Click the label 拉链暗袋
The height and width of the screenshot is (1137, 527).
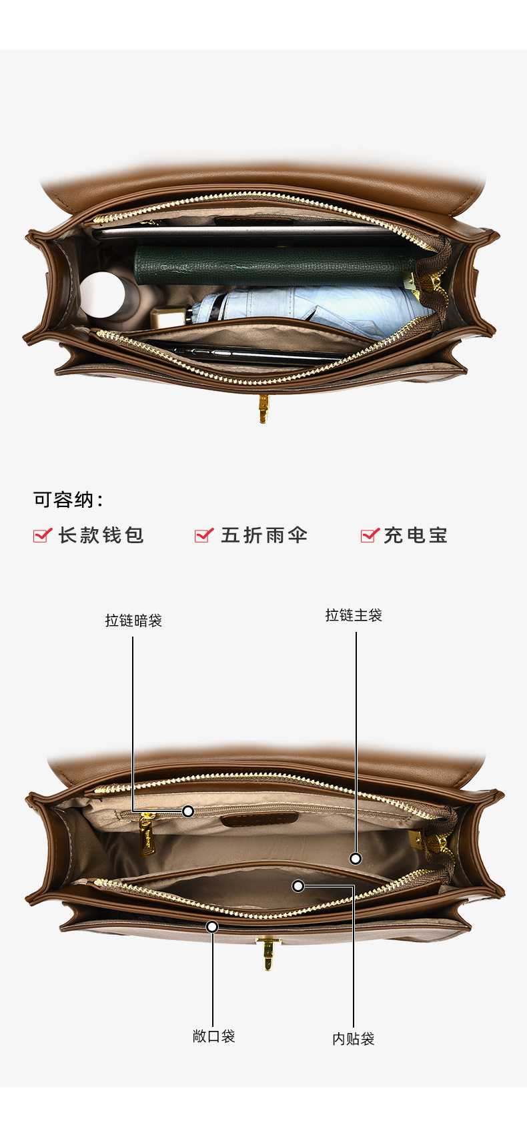tap(133, 621)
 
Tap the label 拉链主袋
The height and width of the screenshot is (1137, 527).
tap(354, 615)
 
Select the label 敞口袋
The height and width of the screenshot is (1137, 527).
tap(213, 1036)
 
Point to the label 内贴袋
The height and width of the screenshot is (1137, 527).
tap(354, 1039)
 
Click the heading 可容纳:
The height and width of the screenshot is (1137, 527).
tap(69, 500)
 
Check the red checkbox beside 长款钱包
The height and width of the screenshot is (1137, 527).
tap(42, 535)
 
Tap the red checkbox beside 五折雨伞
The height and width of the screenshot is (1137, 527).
tap(203, 535)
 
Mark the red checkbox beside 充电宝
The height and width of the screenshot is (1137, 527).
tap(370, 535)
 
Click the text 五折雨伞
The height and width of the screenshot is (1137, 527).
tap(264, 535)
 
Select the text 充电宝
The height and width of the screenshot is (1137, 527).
tap(415, 535)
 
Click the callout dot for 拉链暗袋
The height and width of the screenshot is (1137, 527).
tap(188, 811)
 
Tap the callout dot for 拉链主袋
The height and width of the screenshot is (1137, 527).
tap(356, 859)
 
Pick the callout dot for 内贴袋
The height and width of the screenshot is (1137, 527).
tap(298, 886)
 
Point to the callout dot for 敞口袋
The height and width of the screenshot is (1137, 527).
tap(212, 927)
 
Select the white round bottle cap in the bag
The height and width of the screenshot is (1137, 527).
tap(101, 294)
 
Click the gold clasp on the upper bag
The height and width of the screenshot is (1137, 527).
tap(263, 408)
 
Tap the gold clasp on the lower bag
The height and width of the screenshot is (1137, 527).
tap(268, 953)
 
